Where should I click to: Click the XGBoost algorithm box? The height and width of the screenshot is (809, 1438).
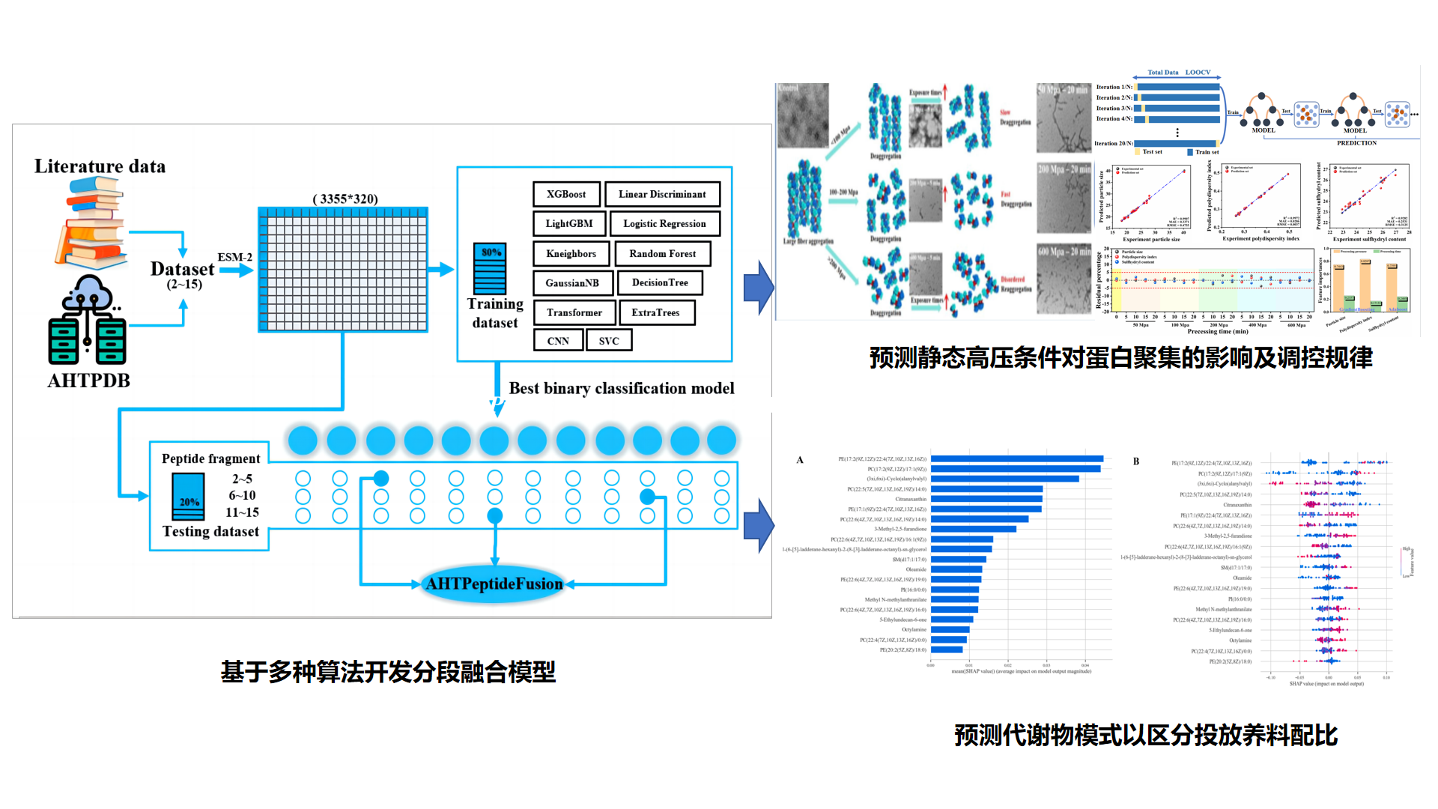coord(566,194)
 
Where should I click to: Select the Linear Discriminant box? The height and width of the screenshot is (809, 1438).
coord(662,194)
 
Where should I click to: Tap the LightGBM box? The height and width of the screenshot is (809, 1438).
coord(569,223)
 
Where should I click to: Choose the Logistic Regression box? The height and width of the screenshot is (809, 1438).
coord(664,223)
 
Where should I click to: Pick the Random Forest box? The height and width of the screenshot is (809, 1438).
coord(662,253)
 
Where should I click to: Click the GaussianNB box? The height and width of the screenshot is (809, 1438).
coord(572,282)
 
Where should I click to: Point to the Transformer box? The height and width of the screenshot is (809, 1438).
coord(574,312)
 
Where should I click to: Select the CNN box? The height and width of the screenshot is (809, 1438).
coord(558,341)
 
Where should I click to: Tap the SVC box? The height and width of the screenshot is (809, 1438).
coord(609,341)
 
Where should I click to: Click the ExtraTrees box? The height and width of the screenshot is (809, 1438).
coord(656,312)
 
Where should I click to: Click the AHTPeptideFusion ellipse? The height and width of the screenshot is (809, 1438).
coord(494,584)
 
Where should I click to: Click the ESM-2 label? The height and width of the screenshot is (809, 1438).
coord(235,257)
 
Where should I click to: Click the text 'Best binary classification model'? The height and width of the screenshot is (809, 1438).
coord(622,388)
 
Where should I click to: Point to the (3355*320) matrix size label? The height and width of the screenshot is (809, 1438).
coord(345,199)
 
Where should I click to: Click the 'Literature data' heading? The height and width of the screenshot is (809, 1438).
coord(100,166)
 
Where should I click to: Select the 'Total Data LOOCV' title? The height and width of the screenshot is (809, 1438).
coord(1179,73)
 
